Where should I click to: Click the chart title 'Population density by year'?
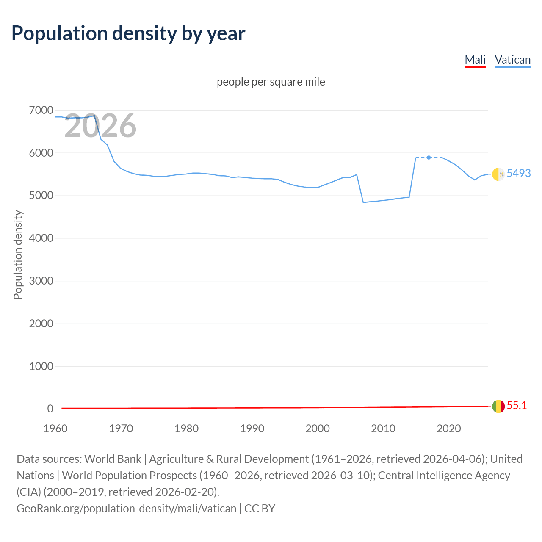[x=128, y=33]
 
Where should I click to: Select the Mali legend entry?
[x=475, y=60]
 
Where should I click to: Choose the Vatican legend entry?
[x=512, y=60]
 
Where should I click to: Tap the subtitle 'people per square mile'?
[x=271, y=82]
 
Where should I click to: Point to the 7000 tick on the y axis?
[x=41, y=111]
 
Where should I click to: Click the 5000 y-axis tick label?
[x=41, y=196]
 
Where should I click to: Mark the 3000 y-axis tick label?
[x=41, y=281]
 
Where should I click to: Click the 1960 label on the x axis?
[x=55, y=429]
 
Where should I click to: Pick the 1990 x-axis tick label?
[x=252, y=429]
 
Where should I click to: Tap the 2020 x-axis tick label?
[x=448, y=429]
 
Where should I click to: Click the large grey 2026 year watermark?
[x=100, y=126]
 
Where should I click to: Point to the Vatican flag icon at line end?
[x=498, y=174]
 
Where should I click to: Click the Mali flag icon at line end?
[x=498, y=406]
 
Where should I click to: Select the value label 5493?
[x=519, y=173]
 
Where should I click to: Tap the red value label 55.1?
[x=517, y=406]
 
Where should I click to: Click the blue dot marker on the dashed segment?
[x=429, y=158]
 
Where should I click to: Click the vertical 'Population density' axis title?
[x=18, y=255]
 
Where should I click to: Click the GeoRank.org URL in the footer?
[x=126, y=508]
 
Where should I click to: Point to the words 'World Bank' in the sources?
[x=113, y=459]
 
